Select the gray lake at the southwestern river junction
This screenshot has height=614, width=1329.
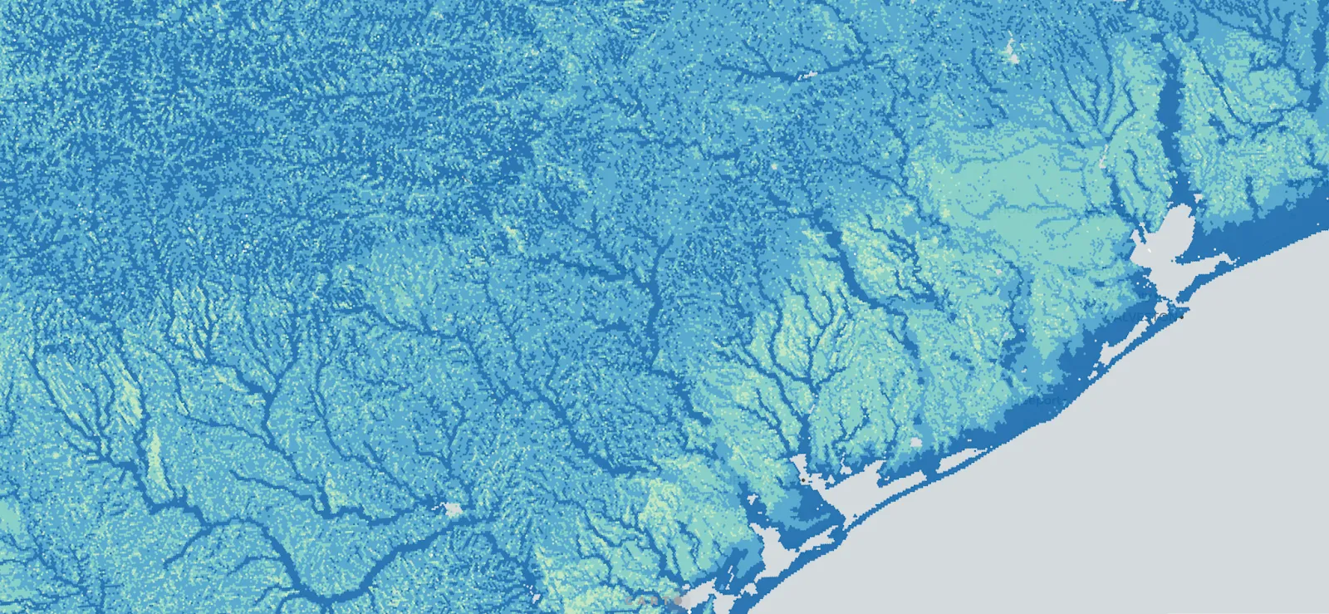click(x=453, y=508)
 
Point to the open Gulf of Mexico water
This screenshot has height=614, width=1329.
click(x=1121, y=499)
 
